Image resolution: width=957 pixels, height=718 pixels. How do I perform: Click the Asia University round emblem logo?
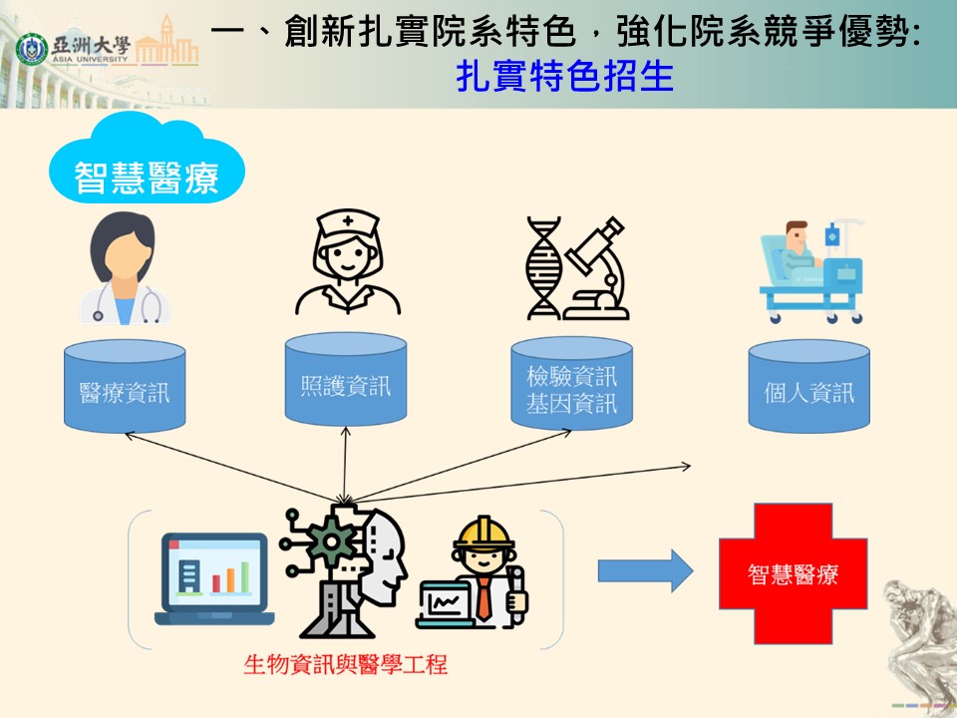(x=32, y=50)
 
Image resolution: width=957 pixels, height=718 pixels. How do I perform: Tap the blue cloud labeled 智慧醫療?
(x=147, y=160)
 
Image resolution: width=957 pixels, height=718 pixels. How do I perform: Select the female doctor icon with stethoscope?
(x=126, y=267)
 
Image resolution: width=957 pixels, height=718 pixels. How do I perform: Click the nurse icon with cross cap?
(x=348, y=261)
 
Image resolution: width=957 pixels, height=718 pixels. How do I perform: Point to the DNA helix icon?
(x=544, y=268)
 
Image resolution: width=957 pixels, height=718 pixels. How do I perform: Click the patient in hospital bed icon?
(x=811, y=271)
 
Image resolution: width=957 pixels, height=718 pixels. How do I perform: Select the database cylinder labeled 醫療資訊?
(x=126, y=386)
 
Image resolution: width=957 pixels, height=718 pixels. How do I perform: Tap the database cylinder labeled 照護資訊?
(x=346, y=379)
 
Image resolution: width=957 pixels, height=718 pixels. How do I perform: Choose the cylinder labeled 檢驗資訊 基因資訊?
(x=572, y=383)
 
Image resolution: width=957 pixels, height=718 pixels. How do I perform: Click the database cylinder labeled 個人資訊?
(x=809, y=386)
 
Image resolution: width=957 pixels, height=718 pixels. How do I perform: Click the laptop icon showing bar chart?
(x=214, y=578)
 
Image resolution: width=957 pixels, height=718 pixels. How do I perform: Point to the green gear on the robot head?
(x=331, y=540)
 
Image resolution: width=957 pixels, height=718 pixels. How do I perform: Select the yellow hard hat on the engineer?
(x=483, y=534)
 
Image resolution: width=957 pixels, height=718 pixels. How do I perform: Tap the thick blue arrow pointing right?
(x=645, y=570)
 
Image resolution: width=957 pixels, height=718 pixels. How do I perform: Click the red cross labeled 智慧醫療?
(x=793, y=574)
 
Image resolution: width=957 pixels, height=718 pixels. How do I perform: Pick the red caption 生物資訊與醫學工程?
(x=346, y=664)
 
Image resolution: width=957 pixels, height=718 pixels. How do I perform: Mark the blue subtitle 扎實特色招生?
(x=564, y=77)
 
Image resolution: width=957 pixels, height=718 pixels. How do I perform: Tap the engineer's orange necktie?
(x=483, y=598)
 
